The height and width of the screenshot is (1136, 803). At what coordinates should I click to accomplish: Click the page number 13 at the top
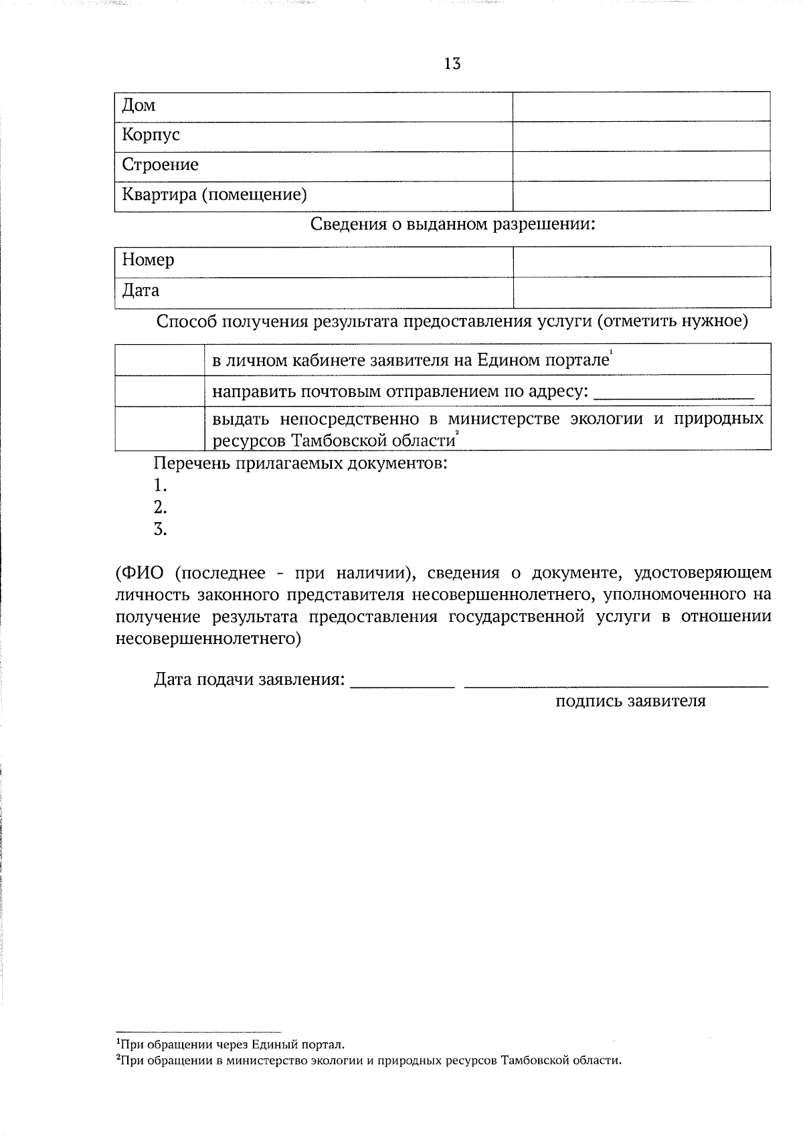(x=452, y=64)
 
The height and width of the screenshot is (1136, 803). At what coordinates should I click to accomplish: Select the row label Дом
(x=139, y=106)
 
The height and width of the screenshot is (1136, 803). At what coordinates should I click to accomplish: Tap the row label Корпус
(x=151, y=135)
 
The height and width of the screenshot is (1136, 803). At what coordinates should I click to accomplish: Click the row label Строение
(x=160, y=165)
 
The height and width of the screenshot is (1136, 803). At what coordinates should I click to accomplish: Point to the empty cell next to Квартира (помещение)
(x=641, y=195)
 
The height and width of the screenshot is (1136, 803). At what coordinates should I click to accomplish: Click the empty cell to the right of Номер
(x=641, y=261)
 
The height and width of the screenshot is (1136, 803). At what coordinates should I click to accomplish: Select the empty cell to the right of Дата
(x=641, y=293)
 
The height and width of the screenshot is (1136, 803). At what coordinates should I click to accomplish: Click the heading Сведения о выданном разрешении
(x=452, y=224)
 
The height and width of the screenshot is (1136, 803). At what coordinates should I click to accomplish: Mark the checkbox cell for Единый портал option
(x=159, y=359)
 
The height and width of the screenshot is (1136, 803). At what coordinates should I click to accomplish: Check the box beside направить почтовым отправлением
(x=159, y=390)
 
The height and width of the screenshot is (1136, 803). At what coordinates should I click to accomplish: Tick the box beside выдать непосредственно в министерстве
(x=159, y=428)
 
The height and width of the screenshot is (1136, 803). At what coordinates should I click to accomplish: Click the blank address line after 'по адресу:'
(x=674, y=395)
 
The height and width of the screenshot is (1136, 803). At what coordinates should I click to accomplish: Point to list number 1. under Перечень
(x=159, y=485)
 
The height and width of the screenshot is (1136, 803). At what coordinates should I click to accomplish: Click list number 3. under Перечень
(x=159, y=530)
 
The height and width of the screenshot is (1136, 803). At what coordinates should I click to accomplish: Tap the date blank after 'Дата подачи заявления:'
(x=403, y=683)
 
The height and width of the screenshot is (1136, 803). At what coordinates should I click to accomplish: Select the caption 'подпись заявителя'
(x=630, y=702)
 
